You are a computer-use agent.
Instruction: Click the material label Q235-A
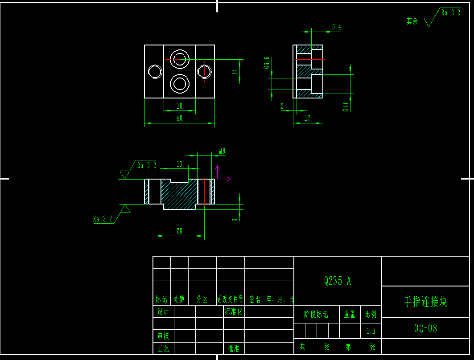[338, 281]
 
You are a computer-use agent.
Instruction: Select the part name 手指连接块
[425, 302]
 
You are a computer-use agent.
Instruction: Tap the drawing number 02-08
[425, 328]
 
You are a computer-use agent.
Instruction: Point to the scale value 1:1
[371, 331]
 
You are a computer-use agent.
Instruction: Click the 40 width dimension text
[179, 119]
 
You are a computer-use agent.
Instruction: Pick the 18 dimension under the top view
[179, 106]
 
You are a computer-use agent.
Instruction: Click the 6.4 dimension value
[336, 27]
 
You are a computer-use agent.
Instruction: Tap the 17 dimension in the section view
[307, 119]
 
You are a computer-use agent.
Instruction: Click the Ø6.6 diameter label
[267, 63]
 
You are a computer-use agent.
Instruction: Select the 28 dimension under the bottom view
[179, 231]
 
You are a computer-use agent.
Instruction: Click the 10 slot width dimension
[179, 164]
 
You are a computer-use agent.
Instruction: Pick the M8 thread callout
[222, 151]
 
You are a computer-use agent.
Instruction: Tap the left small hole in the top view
[155, 71]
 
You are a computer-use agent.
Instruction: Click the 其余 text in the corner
[412, 21]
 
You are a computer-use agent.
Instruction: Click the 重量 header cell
[350, 315]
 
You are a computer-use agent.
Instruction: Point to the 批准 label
[234, 348]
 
